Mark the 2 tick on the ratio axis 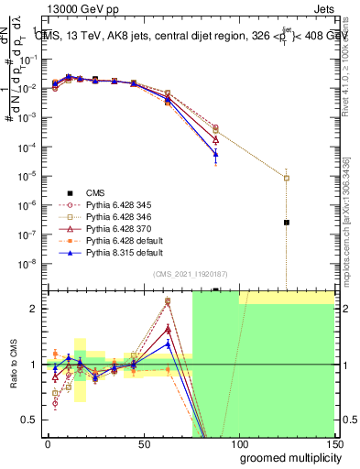click(x=37, y=309)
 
